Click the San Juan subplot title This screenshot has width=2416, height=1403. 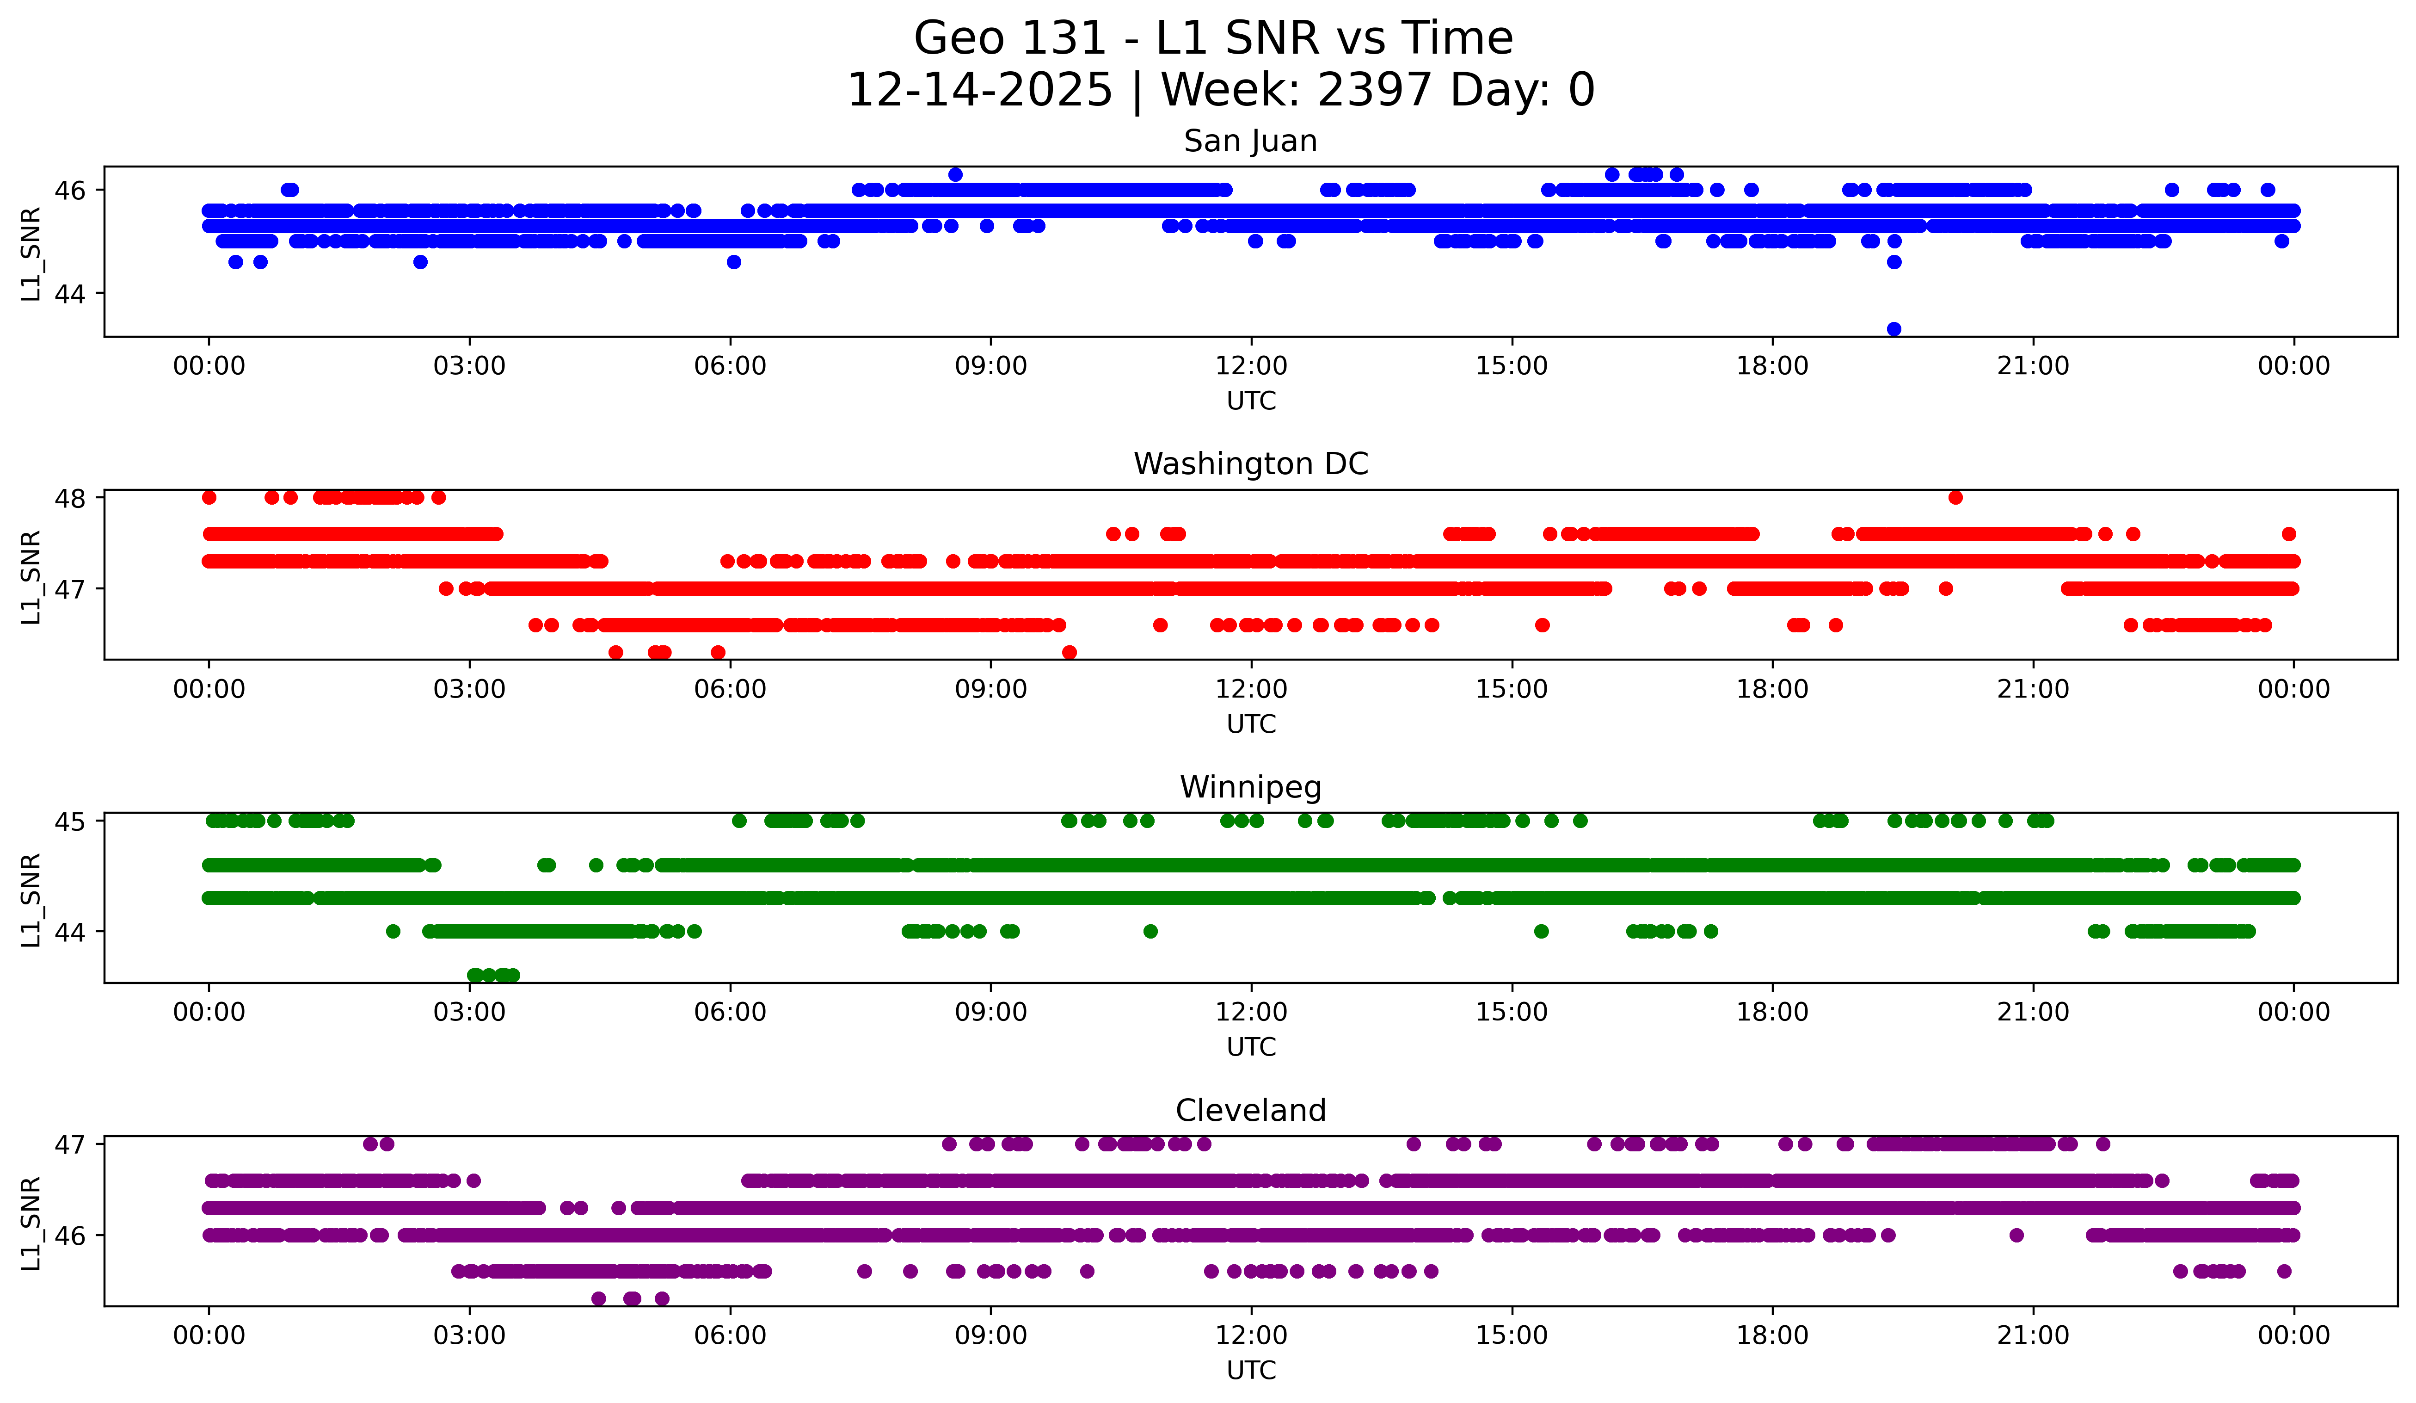point(1250,141)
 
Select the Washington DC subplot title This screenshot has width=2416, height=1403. point(1250,464)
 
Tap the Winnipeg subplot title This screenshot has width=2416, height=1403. point(1250,787)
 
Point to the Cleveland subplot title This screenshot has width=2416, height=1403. point(1250,1111)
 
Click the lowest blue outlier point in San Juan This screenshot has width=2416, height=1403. point(1893,329)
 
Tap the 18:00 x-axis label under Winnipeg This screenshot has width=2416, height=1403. point(1772,1012)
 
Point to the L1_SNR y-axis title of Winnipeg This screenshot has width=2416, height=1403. point(31,900)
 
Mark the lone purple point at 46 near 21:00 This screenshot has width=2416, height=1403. point(2016,1235)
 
